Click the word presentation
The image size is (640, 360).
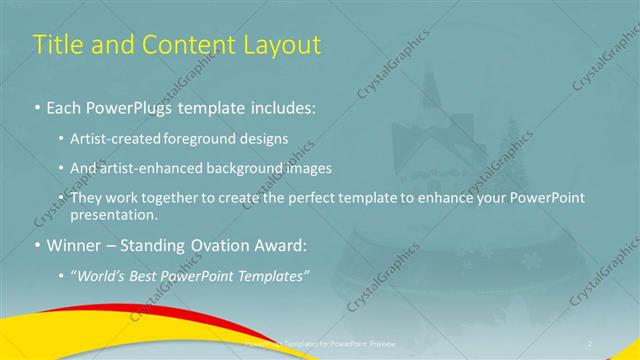[116, 214]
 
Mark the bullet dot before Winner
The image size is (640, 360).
[38, 244]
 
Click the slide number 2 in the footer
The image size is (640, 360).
[590, 342]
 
